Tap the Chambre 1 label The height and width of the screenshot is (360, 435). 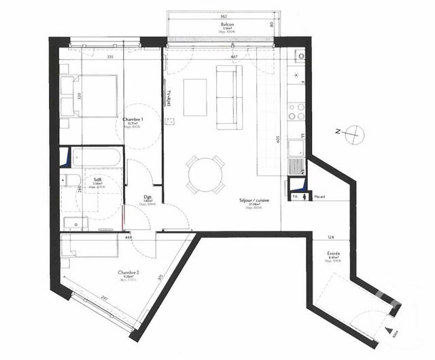(132, 119)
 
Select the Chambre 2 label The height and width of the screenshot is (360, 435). (128, 273)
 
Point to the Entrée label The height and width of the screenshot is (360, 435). (333, 254)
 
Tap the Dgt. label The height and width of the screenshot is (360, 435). (147, 198)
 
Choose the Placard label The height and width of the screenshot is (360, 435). (319, 197)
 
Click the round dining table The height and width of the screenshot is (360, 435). (205, 174)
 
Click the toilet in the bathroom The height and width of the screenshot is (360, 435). (69, 180)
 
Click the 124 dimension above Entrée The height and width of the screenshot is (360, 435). (331, 237)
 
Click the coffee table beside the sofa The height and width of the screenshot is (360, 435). (195, 96)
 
